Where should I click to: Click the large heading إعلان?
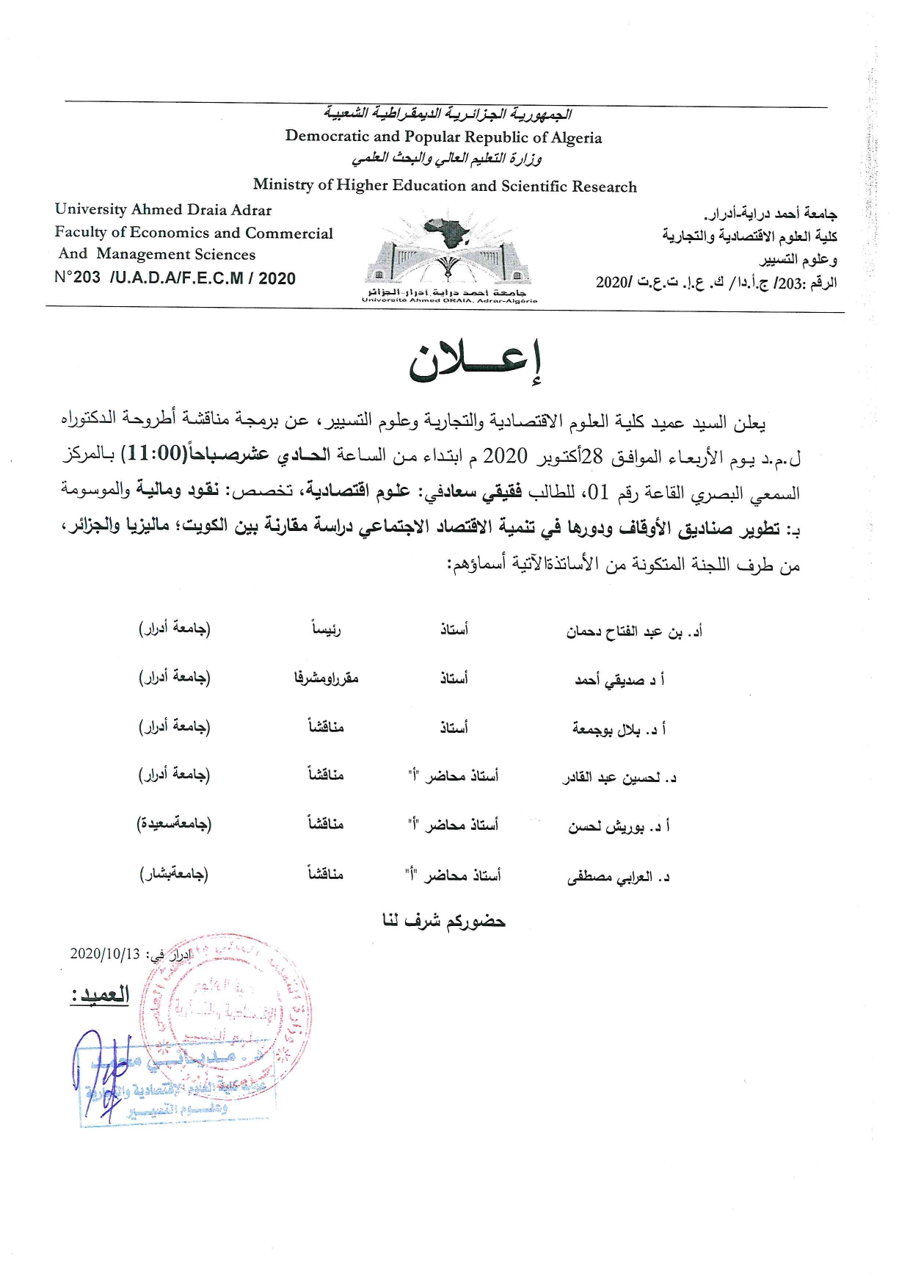coord(475,361)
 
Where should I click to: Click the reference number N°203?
coord(77,278)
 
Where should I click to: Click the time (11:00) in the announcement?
coord(156,454)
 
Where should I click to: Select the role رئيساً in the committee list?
coord(325,629)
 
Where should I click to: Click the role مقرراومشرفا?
coord(326,678)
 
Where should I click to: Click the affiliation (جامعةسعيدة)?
coord(174,824)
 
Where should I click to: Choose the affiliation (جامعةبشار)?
coord(174,874)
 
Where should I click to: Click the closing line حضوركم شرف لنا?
coord(444,921)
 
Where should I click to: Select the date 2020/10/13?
coord(104,954)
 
